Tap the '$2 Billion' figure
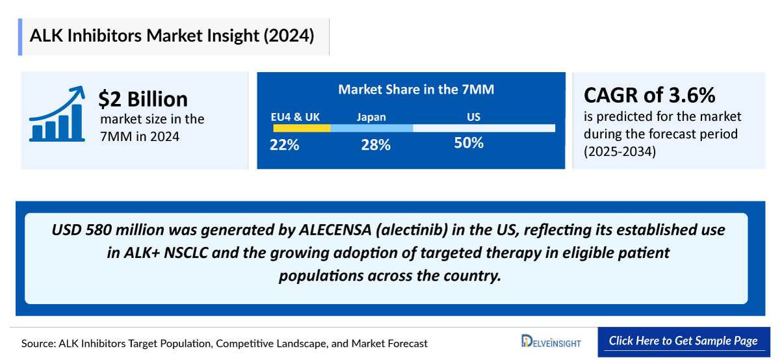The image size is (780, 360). (143, 99)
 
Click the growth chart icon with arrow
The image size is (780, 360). (57, 114)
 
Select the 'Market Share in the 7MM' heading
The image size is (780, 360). (416, 90)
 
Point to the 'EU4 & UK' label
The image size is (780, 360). (295, 117)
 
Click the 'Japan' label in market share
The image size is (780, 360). (371, 117)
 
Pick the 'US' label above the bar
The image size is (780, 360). (473, 117)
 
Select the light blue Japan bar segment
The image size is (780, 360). (371, 129)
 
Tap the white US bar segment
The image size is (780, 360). (484, 129)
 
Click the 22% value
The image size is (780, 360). (285, 145)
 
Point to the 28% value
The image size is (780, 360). (376, 145)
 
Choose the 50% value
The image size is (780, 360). (469, 143)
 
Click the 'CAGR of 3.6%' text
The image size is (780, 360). (649, 96)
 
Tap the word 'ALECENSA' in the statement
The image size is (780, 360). (332, 231)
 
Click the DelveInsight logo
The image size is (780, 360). (551, 341)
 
